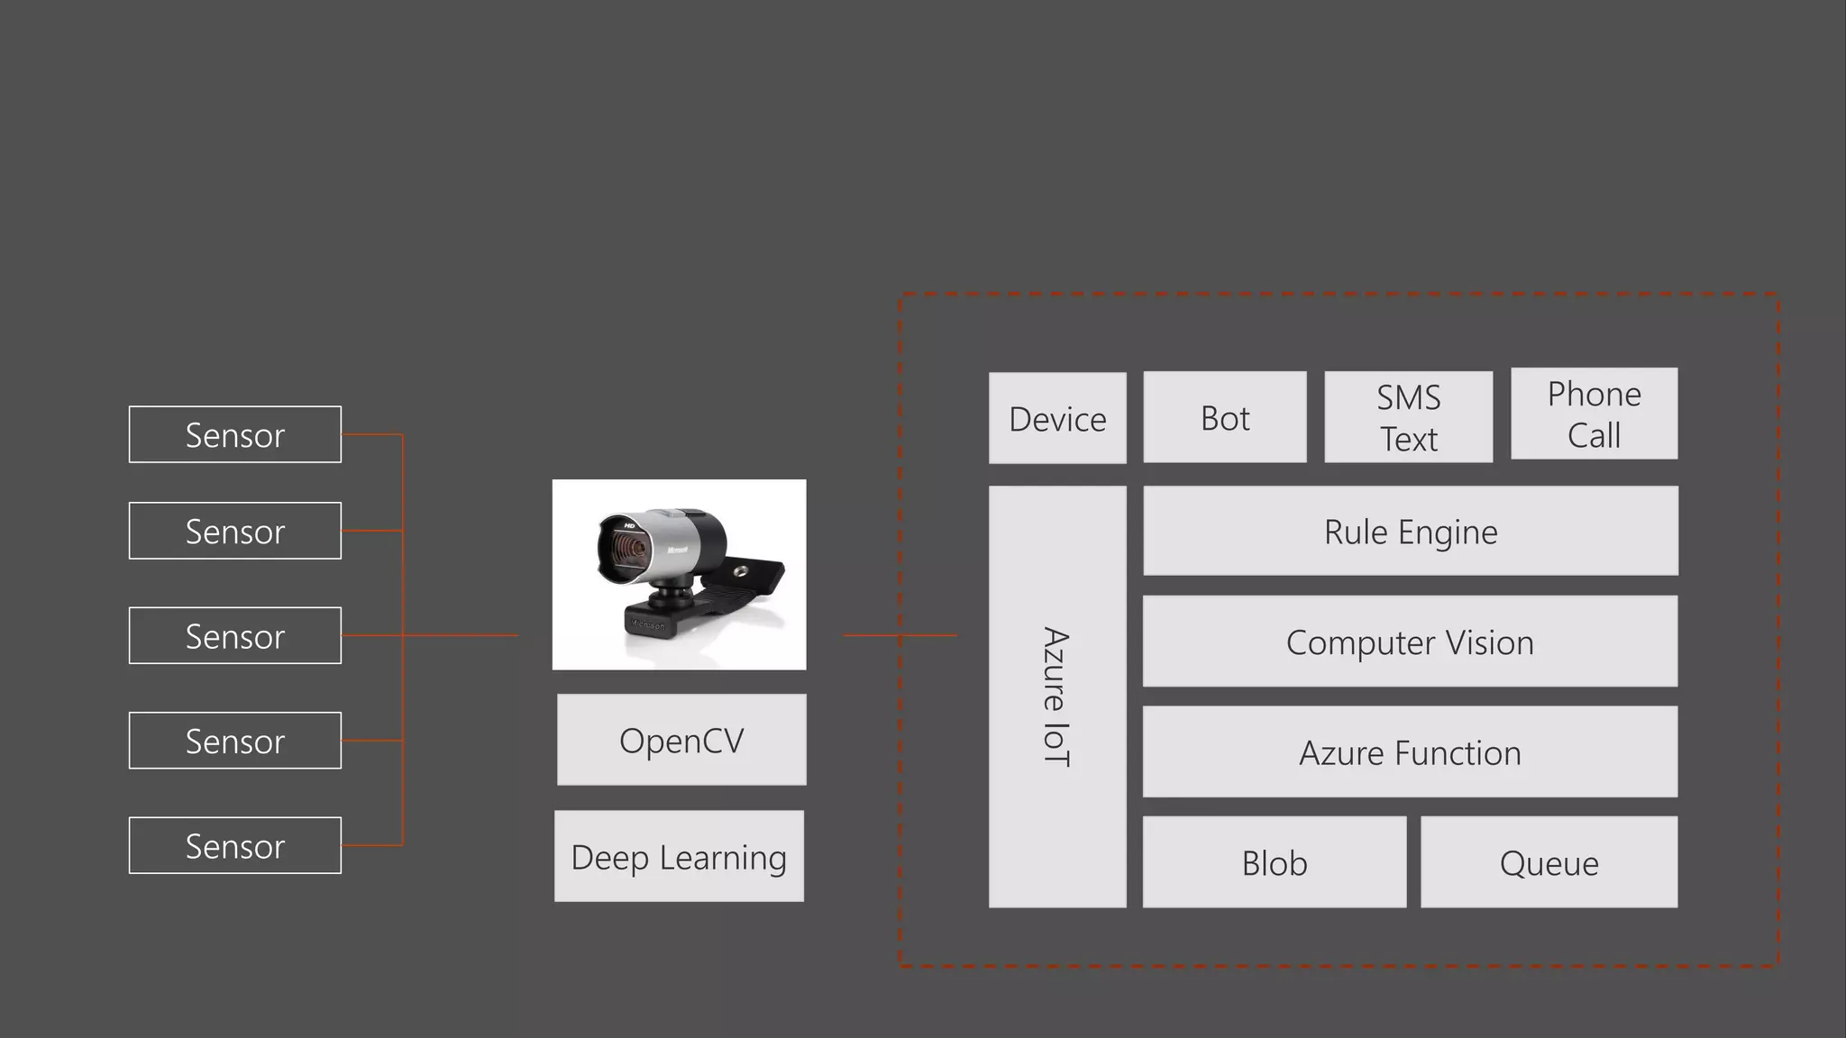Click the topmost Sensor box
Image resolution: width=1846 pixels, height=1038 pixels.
pos(234,434)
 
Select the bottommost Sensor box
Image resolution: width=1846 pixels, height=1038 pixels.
pos(234,845)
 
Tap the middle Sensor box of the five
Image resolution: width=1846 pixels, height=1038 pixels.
pos(234,635)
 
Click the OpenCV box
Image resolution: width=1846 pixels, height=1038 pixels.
pos(681,740)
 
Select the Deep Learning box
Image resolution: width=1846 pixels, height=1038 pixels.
pos(679,856)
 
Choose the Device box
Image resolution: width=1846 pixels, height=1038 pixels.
pos(1057,418)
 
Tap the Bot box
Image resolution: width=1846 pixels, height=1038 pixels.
pos(1225,417)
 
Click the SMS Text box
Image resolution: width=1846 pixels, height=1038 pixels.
pos(1408,417)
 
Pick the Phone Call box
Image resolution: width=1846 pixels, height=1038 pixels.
pos(1594,414)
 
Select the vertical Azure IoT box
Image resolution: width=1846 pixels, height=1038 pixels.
pos(1057,697)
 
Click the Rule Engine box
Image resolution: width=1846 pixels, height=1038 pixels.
pos(1411,531)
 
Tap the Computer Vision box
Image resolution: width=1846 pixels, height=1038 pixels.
pos(1410,642)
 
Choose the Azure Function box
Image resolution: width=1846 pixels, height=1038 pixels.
pos(1410,751)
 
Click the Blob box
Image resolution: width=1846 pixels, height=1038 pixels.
pos(1275,862)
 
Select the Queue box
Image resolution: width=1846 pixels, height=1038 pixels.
pos(1549,862)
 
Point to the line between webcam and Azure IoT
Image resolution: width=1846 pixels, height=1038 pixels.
pos(900,635)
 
